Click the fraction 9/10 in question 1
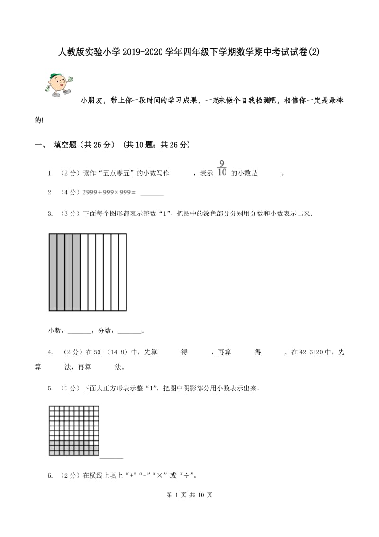point(222,168)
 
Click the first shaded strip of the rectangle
point(53,272)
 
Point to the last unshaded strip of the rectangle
point(123,272)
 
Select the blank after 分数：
point(129,332)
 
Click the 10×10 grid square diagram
point(74,431)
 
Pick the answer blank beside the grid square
point(111,457)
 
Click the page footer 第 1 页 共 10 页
point(189,495)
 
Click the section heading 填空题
point(68,145)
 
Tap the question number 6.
point(50,475)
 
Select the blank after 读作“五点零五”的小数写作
point(181,174)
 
